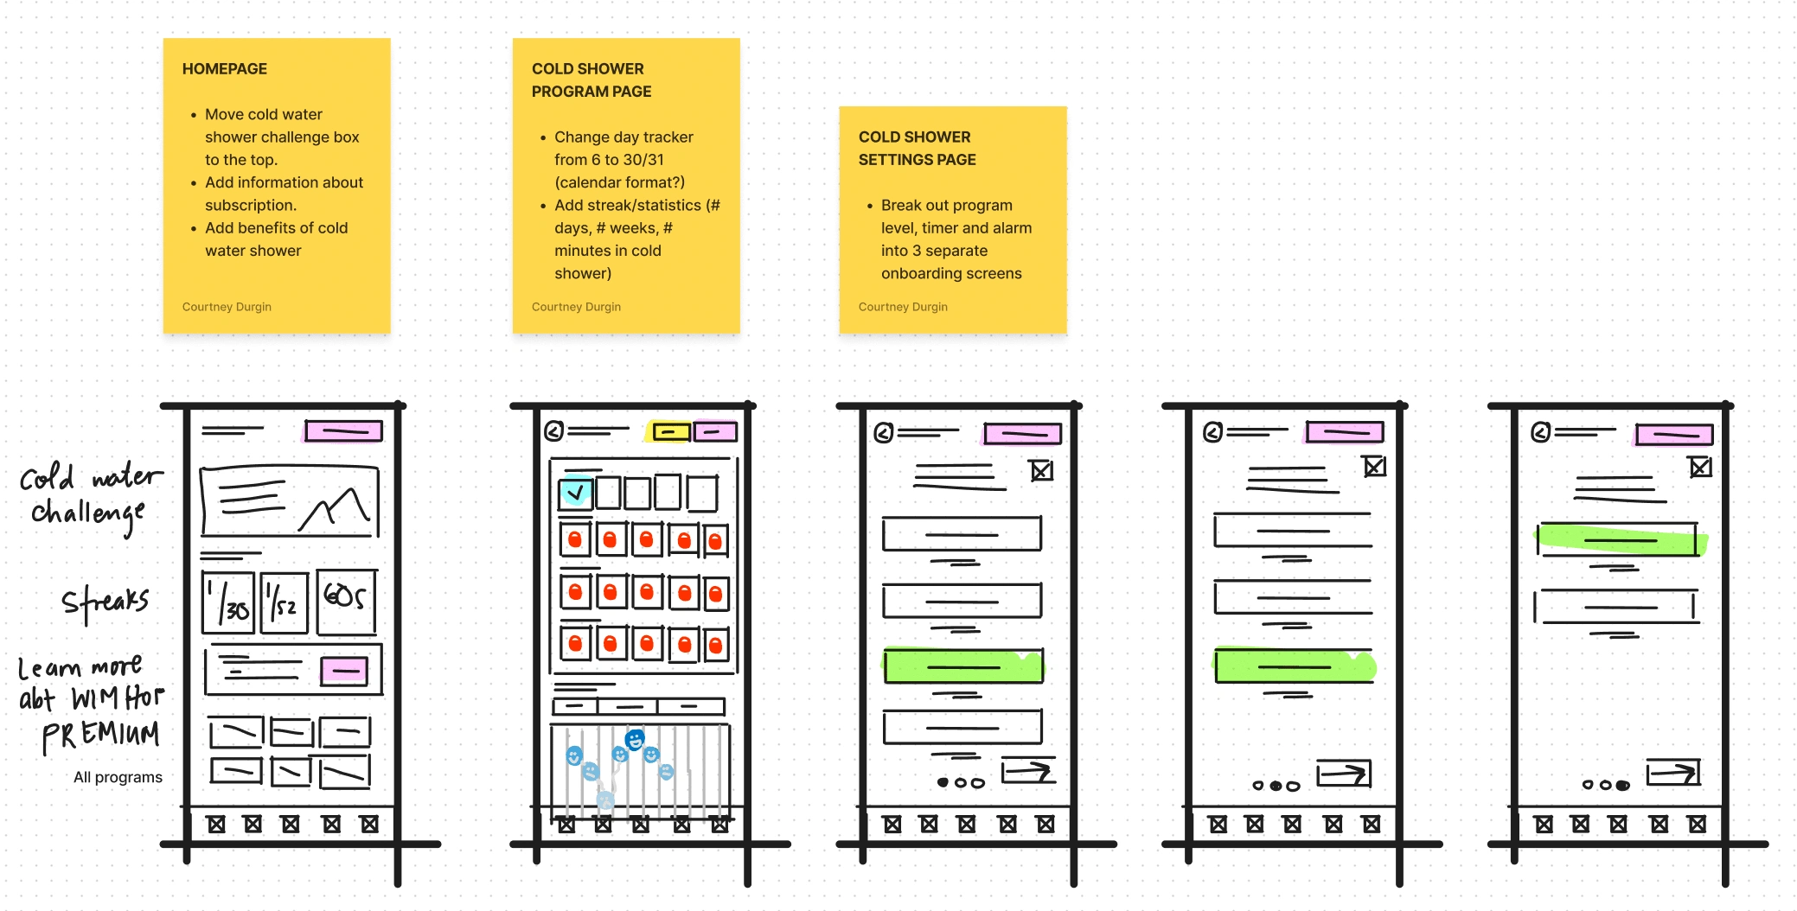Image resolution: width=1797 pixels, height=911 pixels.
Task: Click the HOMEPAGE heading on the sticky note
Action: pyautogui.click(x=224, y=69)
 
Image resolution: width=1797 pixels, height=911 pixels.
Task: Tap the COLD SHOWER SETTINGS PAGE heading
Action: pyautogui.click(x=917, y=149)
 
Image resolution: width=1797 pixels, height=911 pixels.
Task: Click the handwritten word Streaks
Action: pyautogui.click(x=105, y=602)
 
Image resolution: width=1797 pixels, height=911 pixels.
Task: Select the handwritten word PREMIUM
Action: pyautogui.click(x=101, y=735)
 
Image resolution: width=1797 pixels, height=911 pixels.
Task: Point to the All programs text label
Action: pyautogui.click(x=118, y=777)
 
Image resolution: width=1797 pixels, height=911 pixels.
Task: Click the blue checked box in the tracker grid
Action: pyautogui.click(x=575, y=493)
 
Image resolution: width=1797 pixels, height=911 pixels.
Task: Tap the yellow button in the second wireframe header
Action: pyautogui.click(x=671, y=431)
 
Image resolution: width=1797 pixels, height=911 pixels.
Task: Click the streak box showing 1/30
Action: pyautogui.click(x=228, y=602)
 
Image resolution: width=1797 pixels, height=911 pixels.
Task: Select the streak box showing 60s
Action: pyautogui.click(x=346, y=601)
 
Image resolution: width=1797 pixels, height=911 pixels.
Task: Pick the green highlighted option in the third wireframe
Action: pyautogui.click(x=962, y=666)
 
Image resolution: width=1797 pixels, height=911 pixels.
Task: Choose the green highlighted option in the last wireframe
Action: pyautogui.click(x=1620, y=540)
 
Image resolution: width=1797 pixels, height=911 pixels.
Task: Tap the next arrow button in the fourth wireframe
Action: pyautogui.click(x=1344, y=774)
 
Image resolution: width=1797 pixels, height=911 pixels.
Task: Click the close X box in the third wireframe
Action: pyautogui.click(x=1041, y=471)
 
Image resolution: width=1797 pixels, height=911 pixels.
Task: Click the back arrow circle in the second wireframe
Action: pyautogui.click(x=554, y=430)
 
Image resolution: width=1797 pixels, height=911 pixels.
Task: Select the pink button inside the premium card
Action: pyautogui.click(x=344, y=671)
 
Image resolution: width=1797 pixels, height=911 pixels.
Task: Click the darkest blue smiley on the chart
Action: pyautogui.click(x=636, y=739)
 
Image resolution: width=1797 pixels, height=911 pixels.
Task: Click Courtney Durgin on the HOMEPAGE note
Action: pyautogui.click(x=227, y=307)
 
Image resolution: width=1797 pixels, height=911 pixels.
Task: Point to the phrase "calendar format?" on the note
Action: pyautogui.click(x=619, y=182)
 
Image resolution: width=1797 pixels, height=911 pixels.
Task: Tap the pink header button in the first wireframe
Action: pyautogui.click(x=343, y=430)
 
